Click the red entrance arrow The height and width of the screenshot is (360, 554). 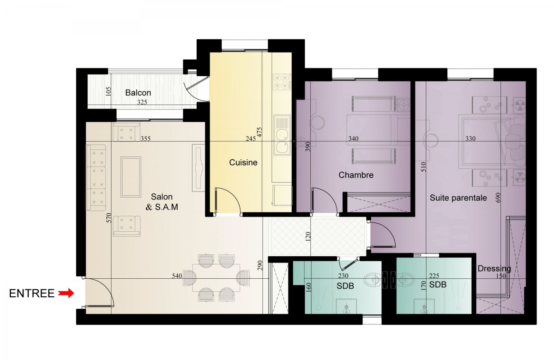point(66,294)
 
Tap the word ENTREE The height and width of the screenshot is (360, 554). point(32,294)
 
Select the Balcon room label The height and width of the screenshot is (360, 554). point(138,93)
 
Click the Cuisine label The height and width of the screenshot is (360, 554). point(243,162)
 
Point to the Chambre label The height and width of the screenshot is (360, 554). point(356,175)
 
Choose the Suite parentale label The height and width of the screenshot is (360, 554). point(458,198)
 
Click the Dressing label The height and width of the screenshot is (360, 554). point(494,269)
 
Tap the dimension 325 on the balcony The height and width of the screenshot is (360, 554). point(142,102)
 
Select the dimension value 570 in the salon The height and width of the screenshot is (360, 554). point(109,218)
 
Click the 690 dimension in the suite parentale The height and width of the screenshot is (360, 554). point(498,198)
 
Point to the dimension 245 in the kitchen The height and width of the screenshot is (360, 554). point(251,138)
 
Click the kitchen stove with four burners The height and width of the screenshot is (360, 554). point(282,82)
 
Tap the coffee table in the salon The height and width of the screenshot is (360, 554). point(131,177)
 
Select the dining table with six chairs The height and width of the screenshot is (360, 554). point(216,278)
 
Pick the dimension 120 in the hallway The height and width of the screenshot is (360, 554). point(308,237)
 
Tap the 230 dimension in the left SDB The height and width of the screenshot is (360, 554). point(343,276)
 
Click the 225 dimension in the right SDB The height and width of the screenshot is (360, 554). point(434,276)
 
